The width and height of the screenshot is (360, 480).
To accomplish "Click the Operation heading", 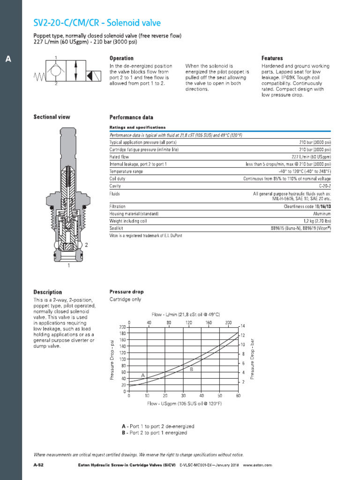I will pyautogui.click(x=121, y=58).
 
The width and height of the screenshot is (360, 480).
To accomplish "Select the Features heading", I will pyautogui.click(x=272, y=58).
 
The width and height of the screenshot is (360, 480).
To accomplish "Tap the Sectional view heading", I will pyautogui.click(x=52, y=117).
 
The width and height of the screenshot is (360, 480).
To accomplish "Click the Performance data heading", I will pyautogui.click(x=131, y=117).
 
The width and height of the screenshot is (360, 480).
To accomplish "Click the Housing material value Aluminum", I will pyautogui.click(x=321, y=214).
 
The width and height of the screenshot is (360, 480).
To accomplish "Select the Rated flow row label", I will pyautogui.click(x=119, y=157).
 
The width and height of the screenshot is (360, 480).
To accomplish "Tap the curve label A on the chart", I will pyautogui.click(x=142, y=375).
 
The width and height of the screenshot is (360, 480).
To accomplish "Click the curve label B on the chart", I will pyautogui.click(x=191, y=369).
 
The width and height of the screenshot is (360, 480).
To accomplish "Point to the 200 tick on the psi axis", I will pyautogui.click(x=122, y=326).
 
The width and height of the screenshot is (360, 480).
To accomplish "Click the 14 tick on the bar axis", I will pyautogui.click(x=243, y=326).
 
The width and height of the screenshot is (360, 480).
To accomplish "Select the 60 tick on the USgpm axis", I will pyautogui.click(x=238, y=396).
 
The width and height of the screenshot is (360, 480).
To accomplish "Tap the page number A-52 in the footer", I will pyautogui.click(x=38, y=465).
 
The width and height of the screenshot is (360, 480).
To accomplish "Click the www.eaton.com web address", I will pyautogui.click(x=257, y=465).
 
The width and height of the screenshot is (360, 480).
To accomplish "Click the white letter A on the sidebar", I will pyautogui.click(x=7, y=59).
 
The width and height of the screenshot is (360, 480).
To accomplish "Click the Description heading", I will pyautogui.click(x=47, y=292).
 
